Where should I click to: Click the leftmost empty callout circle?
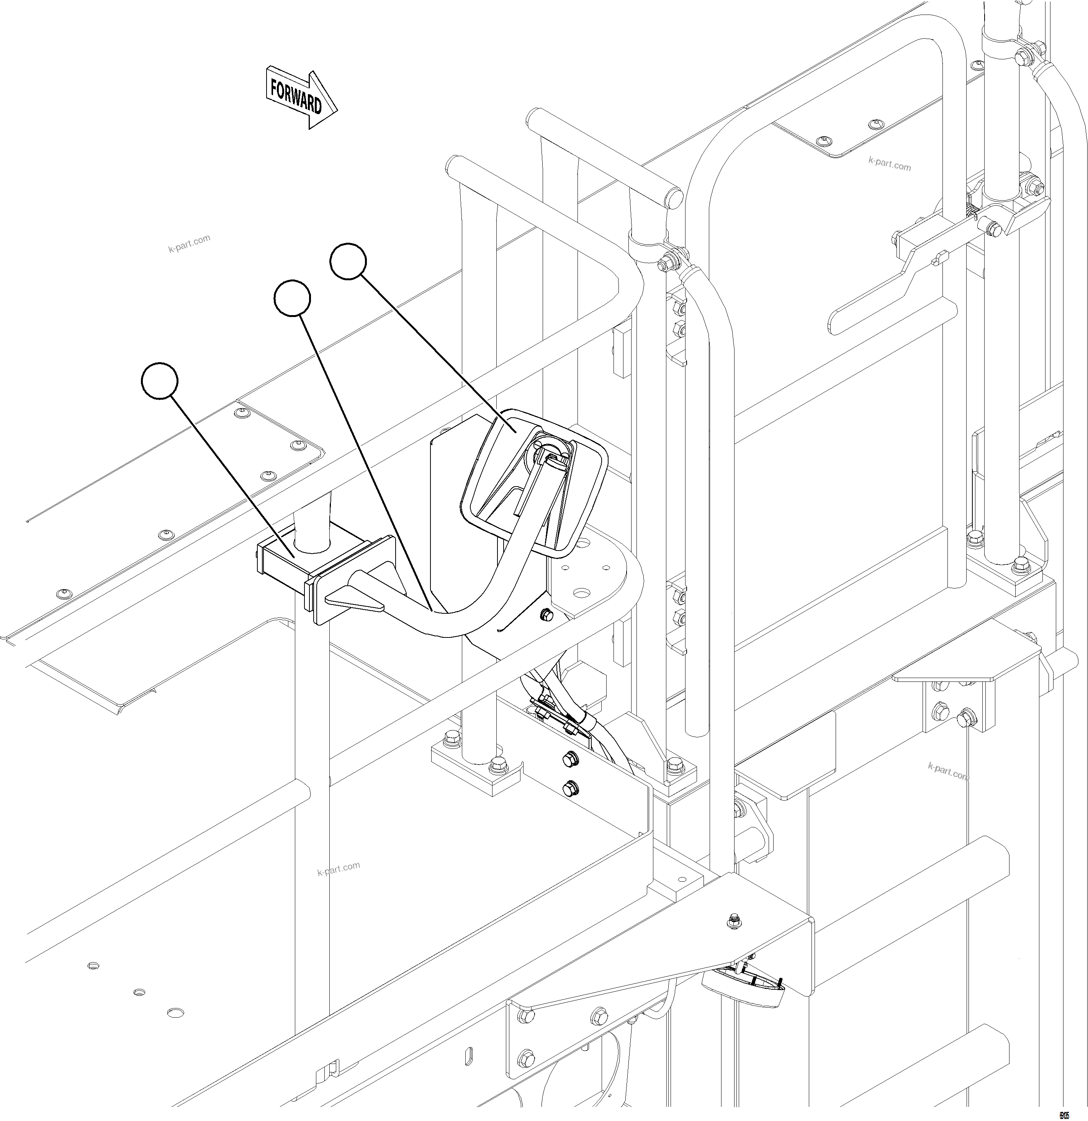pyautogui.click(x=160, y=380)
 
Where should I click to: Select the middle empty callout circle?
pyautogui.click(x=292, y=298)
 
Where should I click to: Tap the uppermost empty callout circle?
pyautogui.click(x=348, y=261)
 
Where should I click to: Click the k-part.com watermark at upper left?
pyautogui.click(x=189, y=243)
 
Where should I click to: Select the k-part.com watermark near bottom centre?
pyautogui.click(x=338, y=869)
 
